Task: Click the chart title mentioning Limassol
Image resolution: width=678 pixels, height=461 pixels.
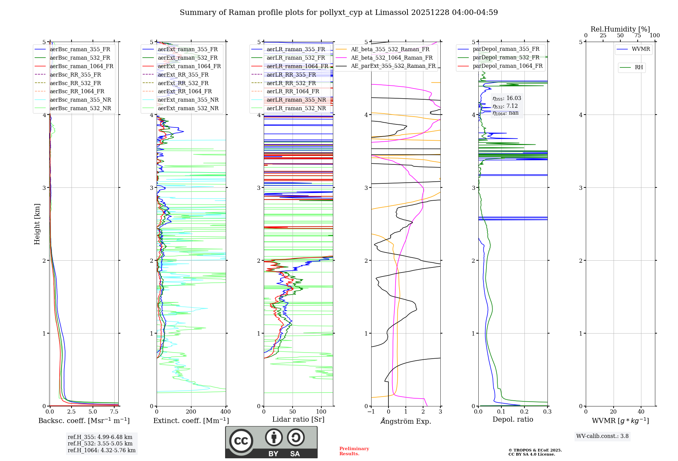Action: point(339,13)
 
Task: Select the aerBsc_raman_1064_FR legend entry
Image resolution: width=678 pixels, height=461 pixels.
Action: point(81,66)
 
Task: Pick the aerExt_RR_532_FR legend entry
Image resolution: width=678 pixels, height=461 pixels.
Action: point(183,83)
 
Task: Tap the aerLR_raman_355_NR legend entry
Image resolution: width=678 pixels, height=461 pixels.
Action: point(296,100)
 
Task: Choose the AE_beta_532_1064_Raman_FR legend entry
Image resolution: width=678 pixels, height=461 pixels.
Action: point(392,58)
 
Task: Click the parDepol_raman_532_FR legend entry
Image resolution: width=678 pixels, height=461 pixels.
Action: point(506,57)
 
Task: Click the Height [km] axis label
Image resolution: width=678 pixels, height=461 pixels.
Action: point(37,224)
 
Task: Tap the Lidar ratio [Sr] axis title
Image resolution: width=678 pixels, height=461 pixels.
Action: point(298,419)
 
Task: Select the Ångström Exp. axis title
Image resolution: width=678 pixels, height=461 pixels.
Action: point(406,421)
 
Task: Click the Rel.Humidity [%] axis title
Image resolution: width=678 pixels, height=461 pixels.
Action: point(620,29)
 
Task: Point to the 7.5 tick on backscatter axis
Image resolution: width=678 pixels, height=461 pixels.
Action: point(114,412)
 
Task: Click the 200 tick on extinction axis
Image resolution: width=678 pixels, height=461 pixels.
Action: point(191,412)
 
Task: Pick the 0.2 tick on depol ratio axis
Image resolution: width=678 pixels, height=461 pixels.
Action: point(524,412)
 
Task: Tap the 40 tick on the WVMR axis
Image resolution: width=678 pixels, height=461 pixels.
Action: point(641,412)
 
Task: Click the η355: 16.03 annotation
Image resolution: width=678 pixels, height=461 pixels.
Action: point(507,98)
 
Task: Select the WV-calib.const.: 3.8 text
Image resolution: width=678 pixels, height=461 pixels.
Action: point(602,436)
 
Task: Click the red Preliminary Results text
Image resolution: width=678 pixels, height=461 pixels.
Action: point(354,451)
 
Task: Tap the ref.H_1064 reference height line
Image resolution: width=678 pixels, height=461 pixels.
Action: point(101,450)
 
